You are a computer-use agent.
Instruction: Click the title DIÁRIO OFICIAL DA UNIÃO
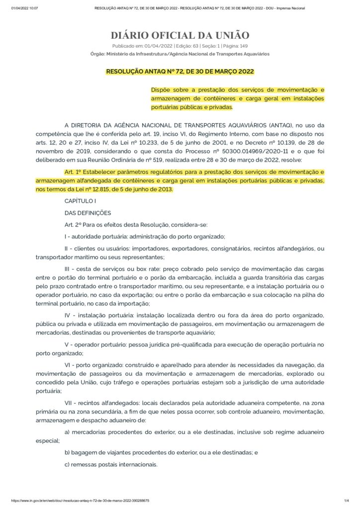[180, 35]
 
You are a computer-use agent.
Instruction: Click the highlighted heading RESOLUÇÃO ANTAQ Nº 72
[180, 72]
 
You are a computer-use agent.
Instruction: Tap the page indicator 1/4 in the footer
[347, 501]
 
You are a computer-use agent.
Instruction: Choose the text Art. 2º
[74, 224]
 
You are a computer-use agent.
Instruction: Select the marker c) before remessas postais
[68, 465]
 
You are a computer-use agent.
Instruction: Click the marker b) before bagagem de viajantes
[68, 453]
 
